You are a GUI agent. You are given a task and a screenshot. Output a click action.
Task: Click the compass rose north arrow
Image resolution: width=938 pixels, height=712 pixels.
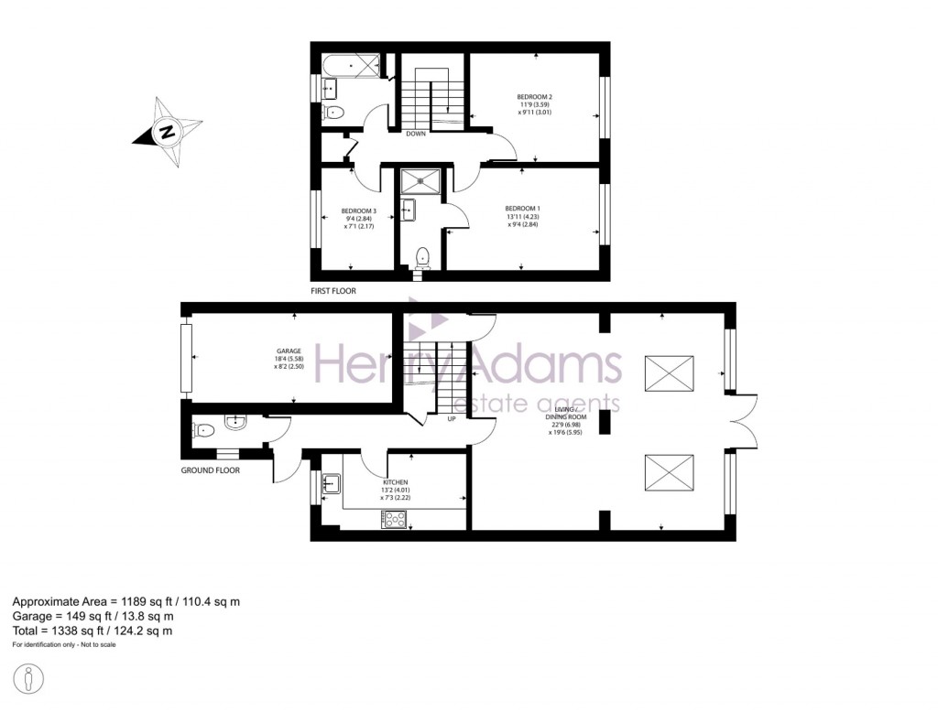[167, 132]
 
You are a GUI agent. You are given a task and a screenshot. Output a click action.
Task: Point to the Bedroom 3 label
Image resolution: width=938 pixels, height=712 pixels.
[358, 218]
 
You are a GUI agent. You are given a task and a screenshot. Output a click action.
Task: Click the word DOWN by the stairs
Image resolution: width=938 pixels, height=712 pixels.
[416, 134]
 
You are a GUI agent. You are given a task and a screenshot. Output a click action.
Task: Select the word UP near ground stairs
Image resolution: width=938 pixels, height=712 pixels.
[452, 419]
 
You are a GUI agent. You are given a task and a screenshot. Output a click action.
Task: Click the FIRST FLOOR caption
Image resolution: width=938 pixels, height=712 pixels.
[333, 291]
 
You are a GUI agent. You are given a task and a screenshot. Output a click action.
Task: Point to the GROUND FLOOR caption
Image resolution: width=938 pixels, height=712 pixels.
[210, 470]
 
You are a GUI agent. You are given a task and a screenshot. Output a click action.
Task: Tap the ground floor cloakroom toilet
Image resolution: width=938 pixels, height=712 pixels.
[205, 427]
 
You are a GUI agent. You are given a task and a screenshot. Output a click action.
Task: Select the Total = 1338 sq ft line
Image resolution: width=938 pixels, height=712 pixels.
[92, 631]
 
